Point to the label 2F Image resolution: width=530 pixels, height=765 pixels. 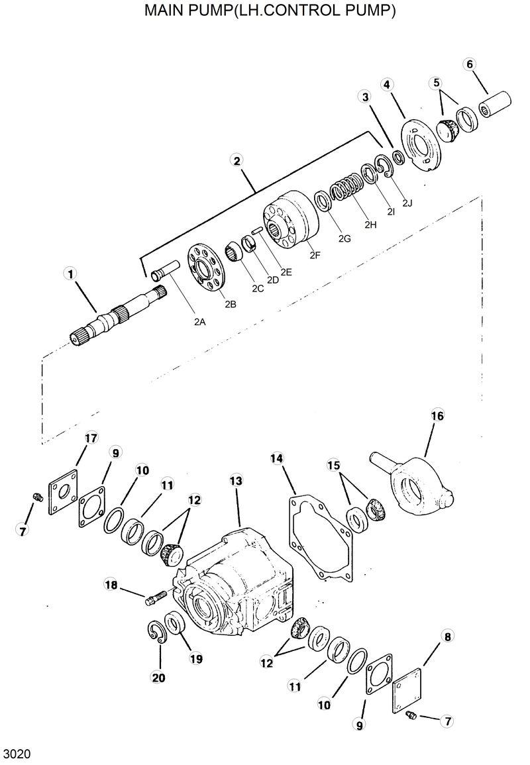pos(315,254)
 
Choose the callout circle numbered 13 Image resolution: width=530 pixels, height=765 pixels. pos(237,480)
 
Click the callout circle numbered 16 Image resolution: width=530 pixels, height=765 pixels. pos(437,416)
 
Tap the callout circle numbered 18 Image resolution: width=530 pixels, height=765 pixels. pos(111,584)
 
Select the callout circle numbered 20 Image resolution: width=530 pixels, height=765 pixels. pos(159,677)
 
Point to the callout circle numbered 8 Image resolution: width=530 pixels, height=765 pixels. pos(448,637)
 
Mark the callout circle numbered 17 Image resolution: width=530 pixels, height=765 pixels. pos(91,438)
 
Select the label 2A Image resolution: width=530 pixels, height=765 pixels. pos(199,322)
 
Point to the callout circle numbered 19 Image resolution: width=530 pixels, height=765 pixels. pos(196,658)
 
